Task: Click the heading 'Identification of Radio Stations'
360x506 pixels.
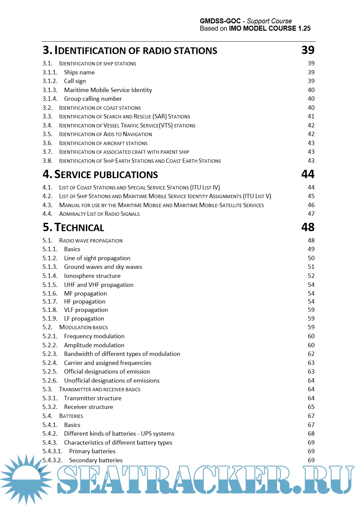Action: coord(136,51)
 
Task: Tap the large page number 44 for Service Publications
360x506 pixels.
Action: coord(308,174)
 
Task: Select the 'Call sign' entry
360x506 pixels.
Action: coord(75,81)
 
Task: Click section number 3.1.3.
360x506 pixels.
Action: coord(50,90)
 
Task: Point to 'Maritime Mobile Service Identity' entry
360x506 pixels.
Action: coord(108,90)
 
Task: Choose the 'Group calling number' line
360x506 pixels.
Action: coord(93,99)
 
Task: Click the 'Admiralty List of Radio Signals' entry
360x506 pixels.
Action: coord(99,214)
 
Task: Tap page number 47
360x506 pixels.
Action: coord(311,214)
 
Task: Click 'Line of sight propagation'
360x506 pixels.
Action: coord(97,258)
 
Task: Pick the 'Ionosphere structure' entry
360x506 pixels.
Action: coord(92,276)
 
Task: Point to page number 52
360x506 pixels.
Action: coord(311,276)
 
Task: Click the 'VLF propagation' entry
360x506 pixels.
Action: coord(86,310)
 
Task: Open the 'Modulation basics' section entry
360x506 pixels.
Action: coord(83,327)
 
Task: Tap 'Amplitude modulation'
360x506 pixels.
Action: coord(94,345)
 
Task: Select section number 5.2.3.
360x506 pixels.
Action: coord(50,354)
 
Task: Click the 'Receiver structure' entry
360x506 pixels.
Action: coord(89,407)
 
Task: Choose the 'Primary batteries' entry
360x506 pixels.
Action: coord(92,451)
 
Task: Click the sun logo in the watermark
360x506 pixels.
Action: coord(26,479)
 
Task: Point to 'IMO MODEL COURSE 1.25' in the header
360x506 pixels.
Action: coord(270,29)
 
